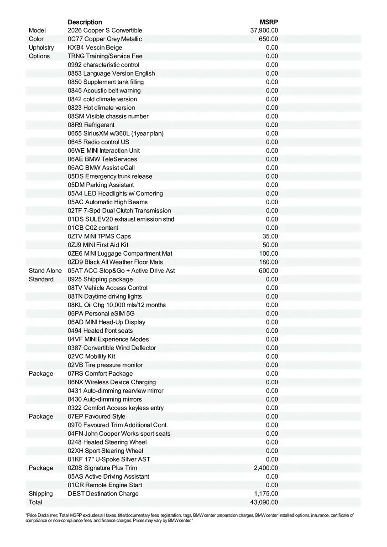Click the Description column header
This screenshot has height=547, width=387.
[85, 22]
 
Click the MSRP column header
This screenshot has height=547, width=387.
[269, 22]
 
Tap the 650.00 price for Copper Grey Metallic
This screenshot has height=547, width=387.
[268, 39]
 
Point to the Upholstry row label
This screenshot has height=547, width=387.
[41, 47]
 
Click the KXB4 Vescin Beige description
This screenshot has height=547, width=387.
[95, 47]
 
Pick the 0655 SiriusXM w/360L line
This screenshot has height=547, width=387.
[115, 134]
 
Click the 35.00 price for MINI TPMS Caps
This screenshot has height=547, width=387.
[270, 236]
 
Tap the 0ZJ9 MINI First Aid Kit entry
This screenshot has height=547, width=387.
[98, 245]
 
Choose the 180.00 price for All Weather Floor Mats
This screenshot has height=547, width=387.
[268, 262]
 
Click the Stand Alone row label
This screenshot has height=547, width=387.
[45, 271]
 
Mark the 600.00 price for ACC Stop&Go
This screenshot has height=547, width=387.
[268, 271]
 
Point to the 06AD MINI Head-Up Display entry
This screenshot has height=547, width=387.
[106, 322]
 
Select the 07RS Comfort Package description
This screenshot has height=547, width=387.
[99, 374]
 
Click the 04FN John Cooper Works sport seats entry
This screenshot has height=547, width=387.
[119, 433]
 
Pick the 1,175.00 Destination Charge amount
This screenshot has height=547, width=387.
[266, 494]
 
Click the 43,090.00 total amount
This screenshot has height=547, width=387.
[264, 502]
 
